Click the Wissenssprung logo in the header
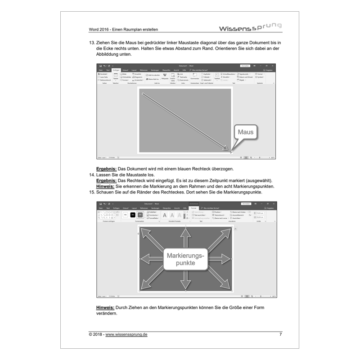[250, 28]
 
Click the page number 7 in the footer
[280, 334]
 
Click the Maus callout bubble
[246, 132]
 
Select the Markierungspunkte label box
[185, 259]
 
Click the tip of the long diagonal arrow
[228, 150]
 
